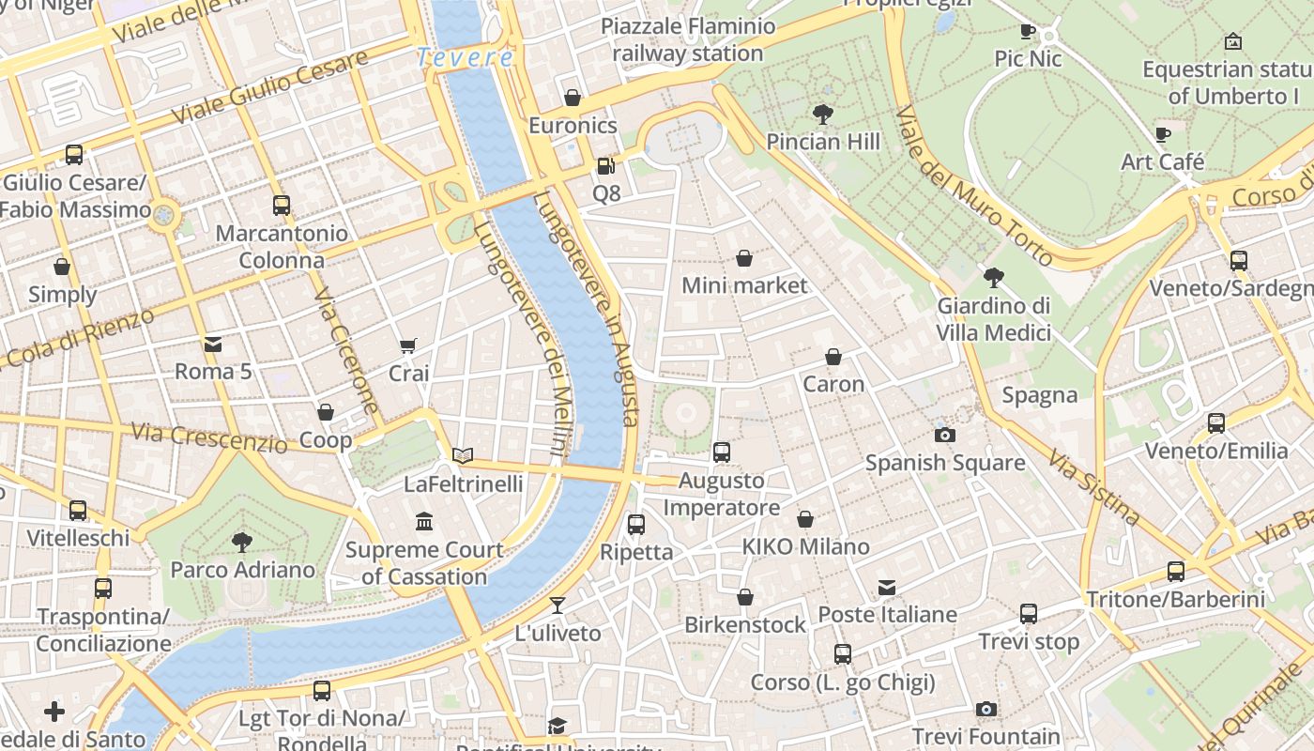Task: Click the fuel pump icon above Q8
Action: pos(606,166)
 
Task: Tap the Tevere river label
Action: pos(466,57)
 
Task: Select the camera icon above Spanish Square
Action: pos(944,435)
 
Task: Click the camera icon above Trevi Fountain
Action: pos(985,709)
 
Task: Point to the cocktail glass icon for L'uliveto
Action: pos(558,605)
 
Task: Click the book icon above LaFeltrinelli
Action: pos(463,456)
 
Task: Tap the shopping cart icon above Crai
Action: pos(408,346)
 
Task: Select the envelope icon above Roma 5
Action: pos(213,345)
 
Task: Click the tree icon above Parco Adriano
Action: pos(242,542)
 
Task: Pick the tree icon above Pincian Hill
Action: pos(823,115)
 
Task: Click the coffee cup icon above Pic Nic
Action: pos(1028,32)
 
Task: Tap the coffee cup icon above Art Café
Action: pos(1163,134)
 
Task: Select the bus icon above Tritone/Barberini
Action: pos(1175,571)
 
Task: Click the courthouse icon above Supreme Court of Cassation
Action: pos(424,521)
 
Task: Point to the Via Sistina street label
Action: pos(1094,488)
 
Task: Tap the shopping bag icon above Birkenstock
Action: pos(744,597)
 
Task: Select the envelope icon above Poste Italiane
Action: pos(887,588)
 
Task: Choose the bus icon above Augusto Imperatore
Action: pos(721,452)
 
